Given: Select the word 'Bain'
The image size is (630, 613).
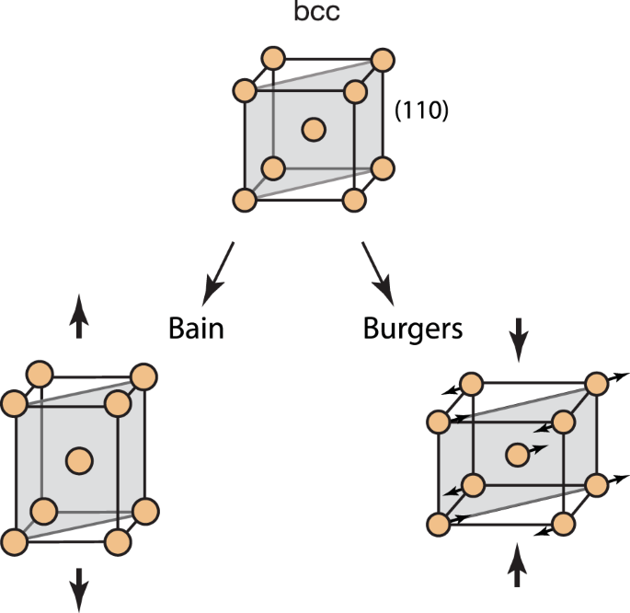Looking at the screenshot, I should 197,328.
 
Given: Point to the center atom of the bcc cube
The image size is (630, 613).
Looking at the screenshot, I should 314,130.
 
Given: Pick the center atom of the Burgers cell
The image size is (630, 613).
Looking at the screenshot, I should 517,453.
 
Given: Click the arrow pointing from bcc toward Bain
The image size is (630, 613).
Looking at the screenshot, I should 219,271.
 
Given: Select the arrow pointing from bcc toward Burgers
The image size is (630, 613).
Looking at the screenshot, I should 378,272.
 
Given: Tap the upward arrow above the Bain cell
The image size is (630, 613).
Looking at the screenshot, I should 79,320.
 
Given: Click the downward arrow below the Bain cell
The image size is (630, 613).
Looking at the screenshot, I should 79,582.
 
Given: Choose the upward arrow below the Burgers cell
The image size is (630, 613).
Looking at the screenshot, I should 519,564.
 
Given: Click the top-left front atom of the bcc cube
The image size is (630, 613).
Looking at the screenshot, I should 245,91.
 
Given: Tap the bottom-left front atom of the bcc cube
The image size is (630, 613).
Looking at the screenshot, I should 245,200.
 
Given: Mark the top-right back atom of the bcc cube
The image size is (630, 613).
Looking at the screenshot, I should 381,60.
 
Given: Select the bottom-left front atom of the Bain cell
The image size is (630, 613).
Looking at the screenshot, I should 14,540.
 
